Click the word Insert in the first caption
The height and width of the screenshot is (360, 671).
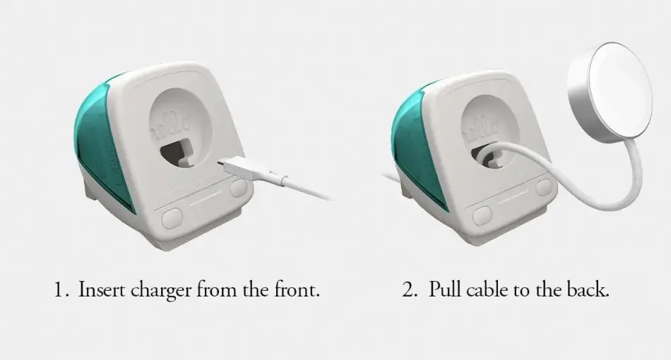point(101,289)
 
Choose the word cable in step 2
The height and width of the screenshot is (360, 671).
point(487,289)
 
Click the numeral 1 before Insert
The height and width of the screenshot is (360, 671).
point(60,290)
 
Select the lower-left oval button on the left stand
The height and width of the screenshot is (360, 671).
point(174,217)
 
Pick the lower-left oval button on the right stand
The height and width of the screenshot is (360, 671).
point(482,214)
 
